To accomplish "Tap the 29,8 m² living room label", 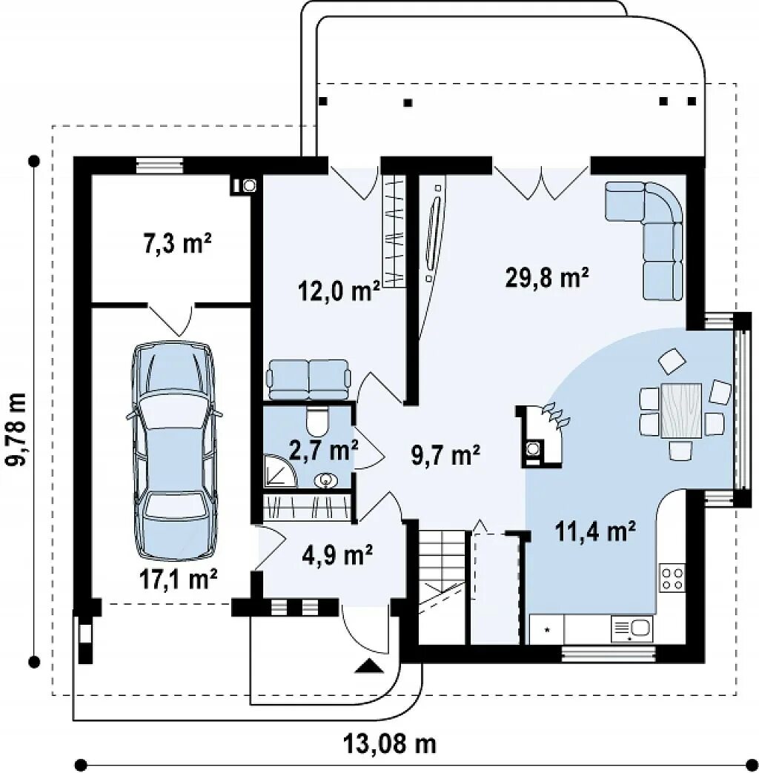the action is coord(547,276).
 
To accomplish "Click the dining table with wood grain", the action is coord(681,410).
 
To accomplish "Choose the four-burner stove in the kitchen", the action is coord(672,578).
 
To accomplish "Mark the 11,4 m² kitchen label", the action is coord(594,532).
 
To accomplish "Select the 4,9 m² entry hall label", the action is coord(337,555).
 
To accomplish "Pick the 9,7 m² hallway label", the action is coord(445,455).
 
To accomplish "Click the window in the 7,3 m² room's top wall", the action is coord(159,165).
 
